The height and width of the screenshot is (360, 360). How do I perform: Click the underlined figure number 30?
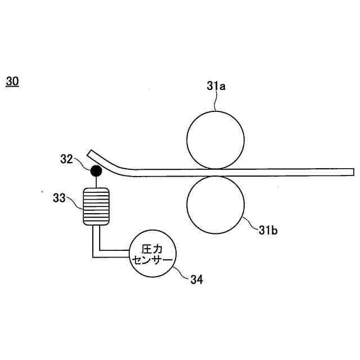click(12, 82)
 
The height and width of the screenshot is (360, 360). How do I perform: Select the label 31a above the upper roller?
click(216, 87)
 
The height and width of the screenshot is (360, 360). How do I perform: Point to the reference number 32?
click(67, 159)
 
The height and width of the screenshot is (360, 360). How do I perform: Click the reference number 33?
click(60, 197)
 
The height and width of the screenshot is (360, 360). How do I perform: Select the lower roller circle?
click(215, 204)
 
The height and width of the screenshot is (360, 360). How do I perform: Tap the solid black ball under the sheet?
click(96, 169)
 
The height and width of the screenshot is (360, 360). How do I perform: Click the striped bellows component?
click(96, 206)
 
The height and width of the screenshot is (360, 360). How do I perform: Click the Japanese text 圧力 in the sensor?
click(152, 247)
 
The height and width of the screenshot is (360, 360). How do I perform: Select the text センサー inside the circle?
click(152, 259)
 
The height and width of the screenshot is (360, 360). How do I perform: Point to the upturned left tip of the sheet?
click(91, 153)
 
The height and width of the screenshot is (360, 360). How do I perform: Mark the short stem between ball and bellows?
click(96, 181)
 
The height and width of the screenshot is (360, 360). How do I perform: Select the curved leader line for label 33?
click(75, 201)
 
